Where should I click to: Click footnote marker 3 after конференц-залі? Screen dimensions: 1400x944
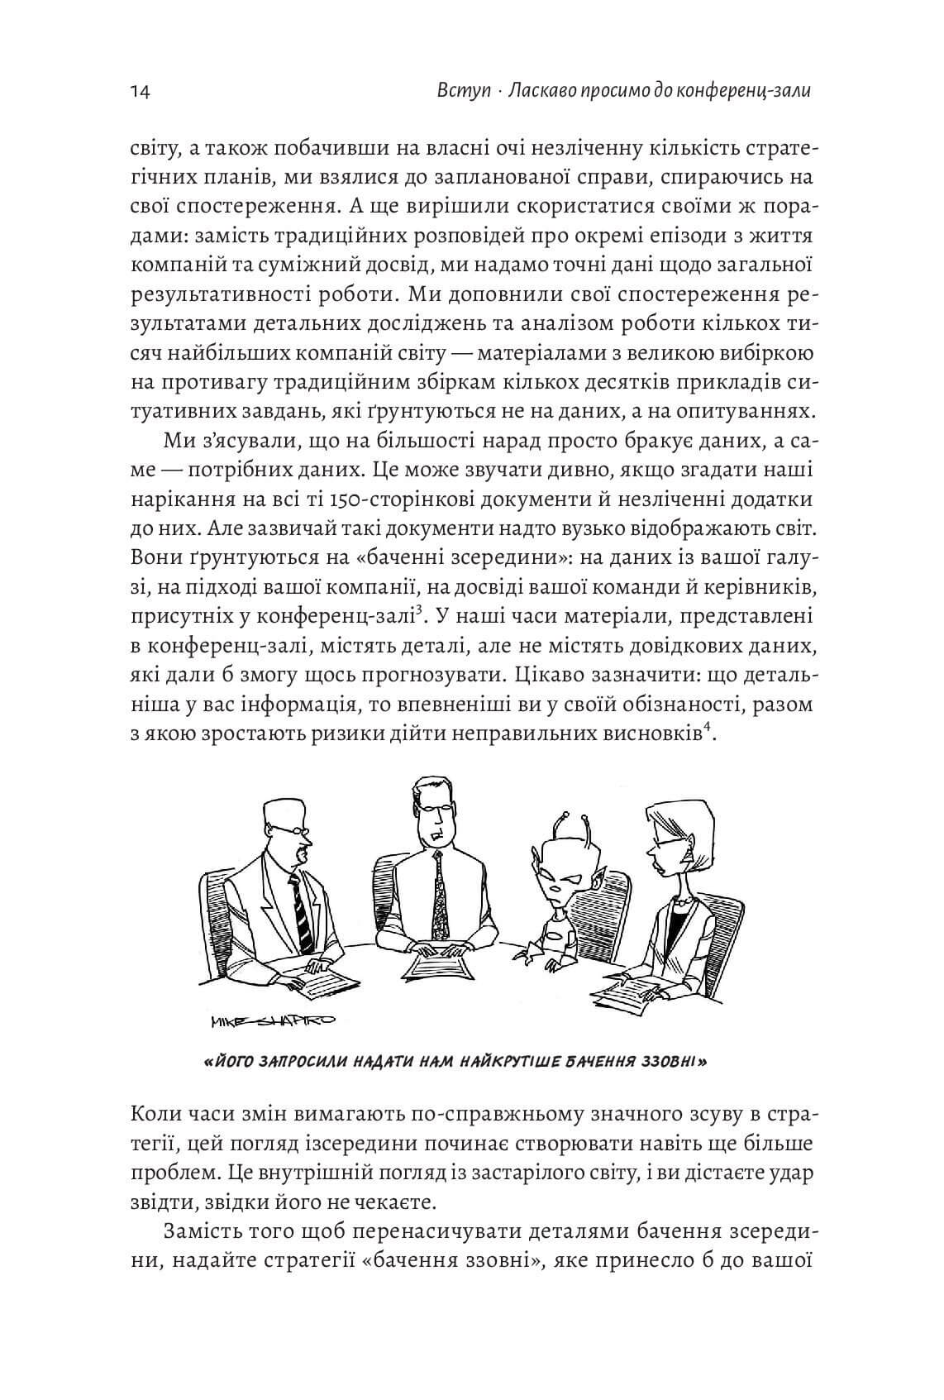pyautogui.click(x=420, y=610)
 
